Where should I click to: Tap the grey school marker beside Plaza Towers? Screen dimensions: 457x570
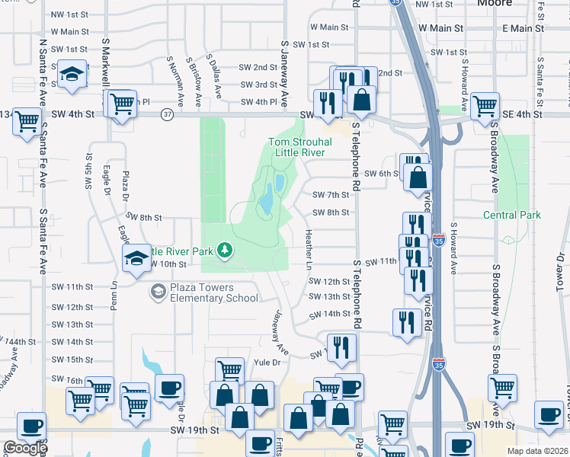click(x=158, y=291)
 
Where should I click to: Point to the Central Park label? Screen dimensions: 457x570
click(x=512, y=215)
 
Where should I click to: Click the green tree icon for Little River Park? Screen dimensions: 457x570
click(x=224, y=249)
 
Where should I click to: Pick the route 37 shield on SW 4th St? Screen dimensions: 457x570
click(x=168, y=114)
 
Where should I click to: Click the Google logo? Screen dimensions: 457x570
click(x=24, y=447)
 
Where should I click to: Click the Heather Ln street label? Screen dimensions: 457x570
click(x=309, y=249)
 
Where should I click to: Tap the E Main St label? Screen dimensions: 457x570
click(x=524, y=28)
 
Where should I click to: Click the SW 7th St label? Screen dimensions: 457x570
click(x=331, y=195)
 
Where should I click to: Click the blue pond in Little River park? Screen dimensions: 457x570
click(x=267, y=200)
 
